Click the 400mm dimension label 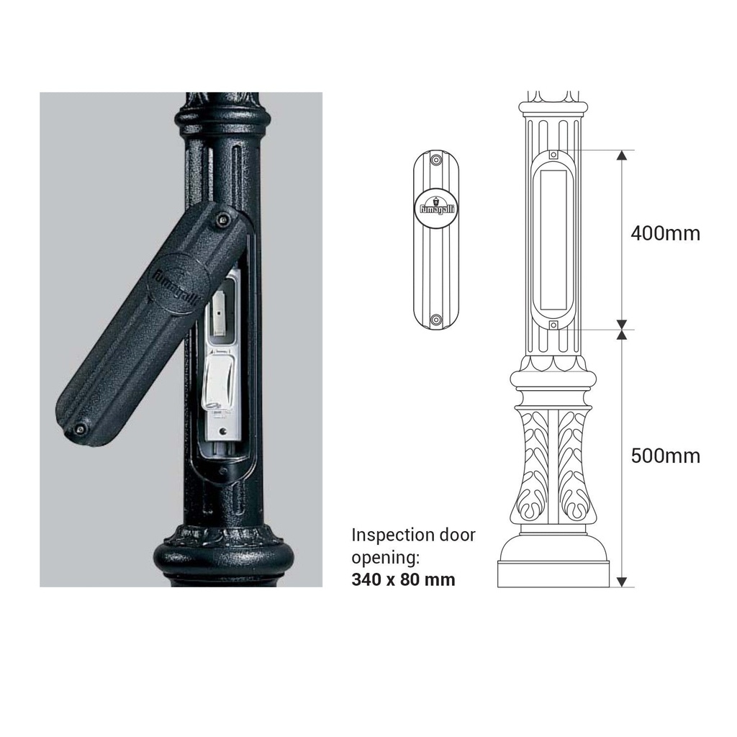tap(665, 233)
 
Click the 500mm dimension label tap(665, 456)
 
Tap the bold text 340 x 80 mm tap(403, 579)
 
